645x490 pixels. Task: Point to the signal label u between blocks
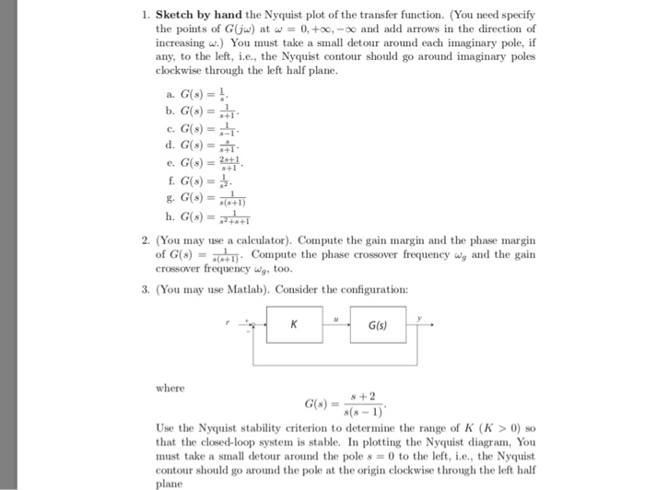[x=335, y=317]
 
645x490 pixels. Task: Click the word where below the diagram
[x=171, y=388]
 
